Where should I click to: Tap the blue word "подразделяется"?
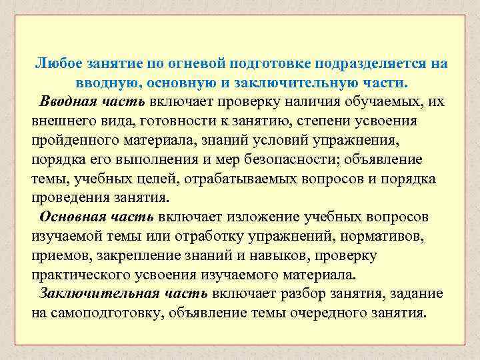(x=360, y=63)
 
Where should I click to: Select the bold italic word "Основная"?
(x=70, y=218)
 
